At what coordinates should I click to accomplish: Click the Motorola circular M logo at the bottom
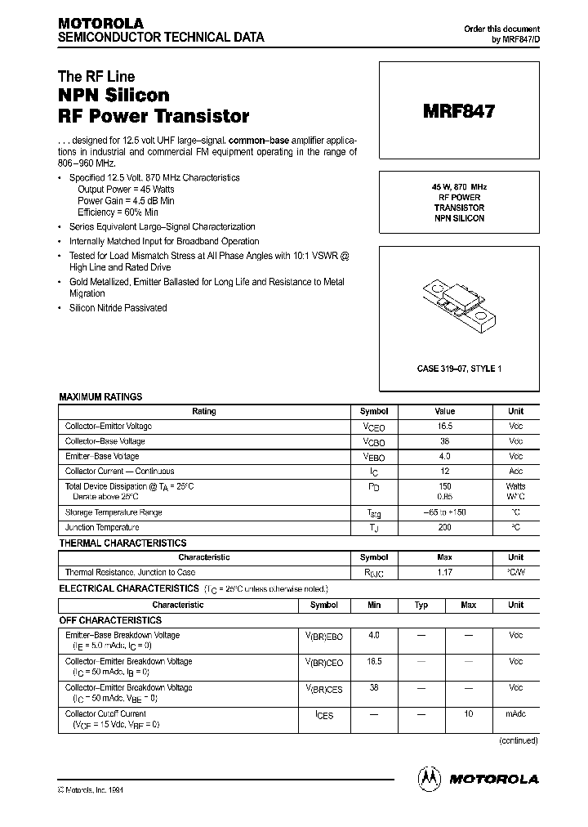click(x=429, y=778)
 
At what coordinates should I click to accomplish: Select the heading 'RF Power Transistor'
click(x=154, y=116)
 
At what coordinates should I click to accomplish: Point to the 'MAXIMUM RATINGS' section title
click(x=100, y=396)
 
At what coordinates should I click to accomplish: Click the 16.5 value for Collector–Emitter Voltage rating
click(x=445, y=427)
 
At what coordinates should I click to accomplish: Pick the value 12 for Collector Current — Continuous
click(x=445, y=471)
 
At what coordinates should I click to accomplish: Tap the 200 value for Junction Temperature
click(x=445, y=528)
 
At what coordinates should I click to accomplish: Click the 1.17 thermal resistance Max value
click(x=445, y=572)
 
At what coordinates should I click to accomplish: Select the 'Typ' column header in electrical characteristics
click(x=421, y=605)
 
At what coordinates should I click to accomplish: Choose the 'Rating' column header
click(x=204, y=411)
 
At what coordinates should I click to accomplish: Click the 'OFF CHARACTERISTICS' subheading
click(x=113, y=620)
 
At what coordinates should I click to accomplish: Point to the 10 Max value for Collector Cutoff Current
click(x=468, y=714)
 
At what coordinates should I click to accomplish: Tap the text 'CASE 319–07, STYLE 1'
click(x=459, y=369)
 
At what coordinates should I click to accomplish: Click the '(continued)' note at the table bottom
click(x=519, y=740)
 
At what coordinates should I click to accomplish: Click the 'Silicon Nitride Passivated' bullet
click(x=118, y=308)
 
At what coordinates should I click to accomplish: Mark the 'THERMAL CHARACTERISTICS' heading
click(x=122, y=543)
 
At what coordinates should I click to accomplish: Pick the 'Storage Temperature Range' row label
click(x=114, y=513)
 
